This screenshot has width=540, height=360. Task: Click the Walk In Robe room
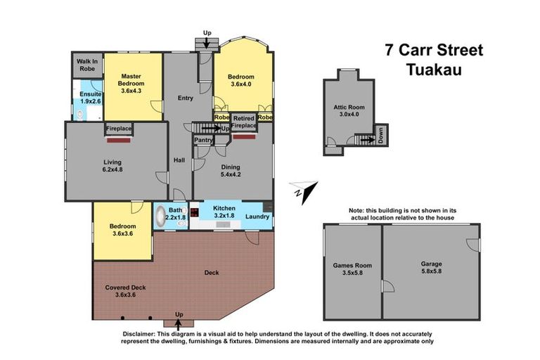tap(88, 65)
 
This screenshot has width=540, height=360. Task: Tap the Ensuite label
tap(90, 94)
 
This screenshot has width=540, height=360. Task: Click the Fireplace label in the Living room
tap(119, 129)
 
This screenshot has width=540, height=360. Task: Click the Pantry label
tap(203, 140)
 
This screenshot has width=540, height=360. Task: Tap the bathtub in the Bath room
tap(161, 214)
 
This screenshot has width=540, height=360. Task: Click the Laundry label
tap(258, 217)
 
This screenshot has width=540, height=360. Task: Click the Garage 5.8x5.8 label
tap(430, 268)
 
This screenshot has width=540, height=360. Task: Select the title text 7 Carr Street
tap(434, 51)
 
